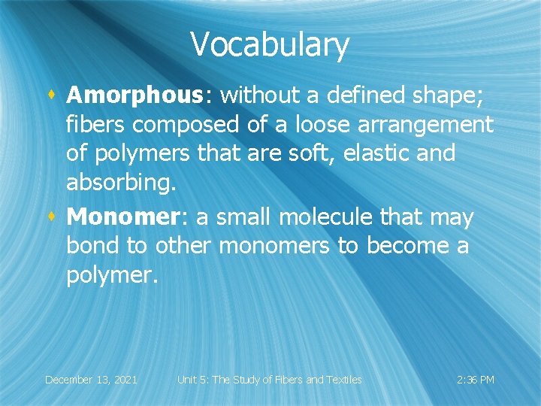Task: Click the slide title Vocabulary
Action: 270,44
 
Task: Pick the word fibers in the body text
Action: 98,124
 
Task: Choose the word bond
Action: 92,247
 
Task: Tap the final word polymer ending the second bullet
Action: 111,276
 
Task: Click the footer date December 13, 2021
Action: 91,380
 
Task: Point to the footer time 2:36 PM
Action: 476,380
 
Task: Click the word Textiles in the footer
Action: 342,380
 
